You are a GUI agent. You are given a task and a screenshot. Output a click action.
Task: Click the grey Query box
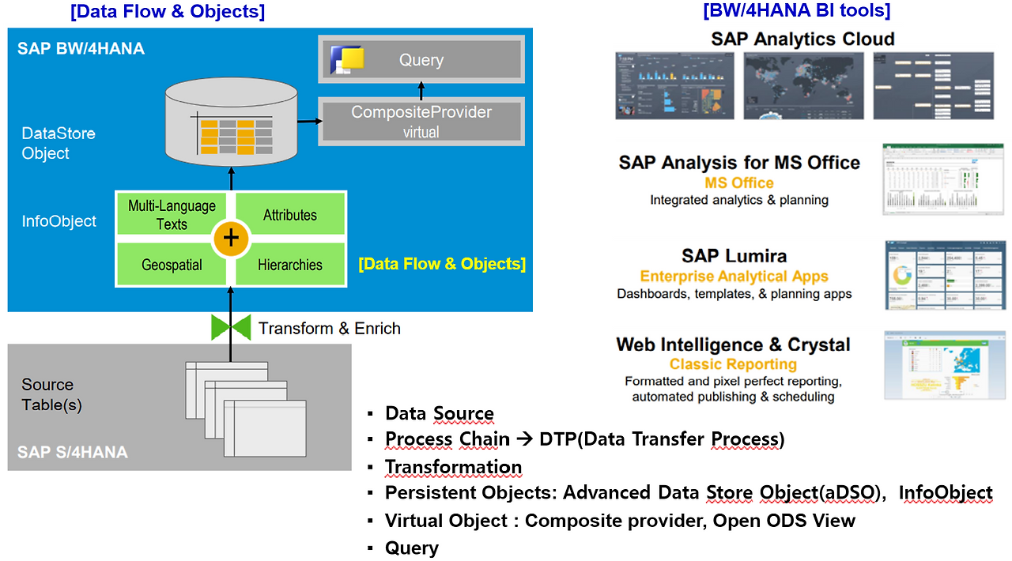point(421,59)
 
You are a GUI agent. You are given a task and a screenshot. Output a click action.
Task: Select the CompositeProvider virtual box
point(421,122)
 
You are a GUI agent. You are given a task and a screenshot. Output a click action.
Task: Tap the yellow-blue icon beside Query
point(347,60)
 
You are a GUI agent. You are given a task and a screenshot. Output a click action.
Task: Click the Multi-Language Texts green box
point(172,215)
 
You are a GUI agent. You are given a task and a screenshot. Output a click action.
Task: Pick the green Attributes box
point(290,215)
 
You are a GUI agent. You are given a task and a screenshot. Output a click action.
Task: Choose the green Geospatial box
point(172,265)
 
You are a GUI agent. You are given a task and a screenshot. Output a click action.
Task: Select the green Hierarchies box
point(290,265)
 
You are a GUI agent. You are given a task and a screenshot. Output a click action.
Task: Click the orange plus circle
point(231,239)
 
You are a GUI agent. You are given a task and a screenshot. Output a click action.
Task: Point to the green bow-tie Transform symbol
point(231,327)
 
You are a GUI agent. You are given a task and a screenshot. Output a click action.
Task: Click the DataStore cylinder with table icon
point(230,126)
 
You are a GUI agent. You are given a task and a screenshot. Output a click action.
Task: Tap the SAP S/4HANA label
point(72,453)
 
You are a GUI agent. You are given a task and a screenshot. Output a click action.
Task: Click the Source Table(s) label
point(51,394)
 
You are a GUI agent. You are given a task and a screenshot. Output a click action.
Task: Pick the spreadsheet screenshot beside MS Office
point(943,179)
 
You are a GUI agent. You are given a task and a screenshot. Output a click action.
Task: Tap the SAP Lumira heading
point(734,256)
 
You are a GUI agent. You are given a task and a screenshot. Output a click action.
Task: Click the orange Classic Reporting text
point(733,364)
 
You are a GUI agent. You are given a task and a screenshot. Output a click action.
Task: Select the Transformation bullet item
point(453,467)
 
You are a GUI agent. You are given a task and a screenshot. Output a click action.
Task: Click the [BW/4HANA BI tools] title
point(796,11)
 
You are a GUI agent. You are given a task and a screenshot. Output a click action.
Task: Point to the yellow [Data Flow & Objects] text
point(442,264)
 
